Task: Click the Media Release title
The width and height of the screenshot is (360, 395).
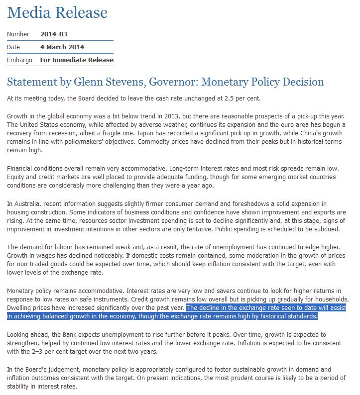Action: point(57,12)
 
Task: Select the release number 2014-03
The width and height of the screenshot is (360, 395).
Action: point(54,34)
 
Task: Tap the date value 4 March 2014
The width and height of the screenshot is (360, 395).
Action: point(62,47)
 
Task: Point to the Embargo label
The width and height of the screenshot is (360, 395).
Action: point(20,60)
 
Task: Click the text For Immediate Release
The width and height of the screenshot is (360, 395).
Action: point(77,60)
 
